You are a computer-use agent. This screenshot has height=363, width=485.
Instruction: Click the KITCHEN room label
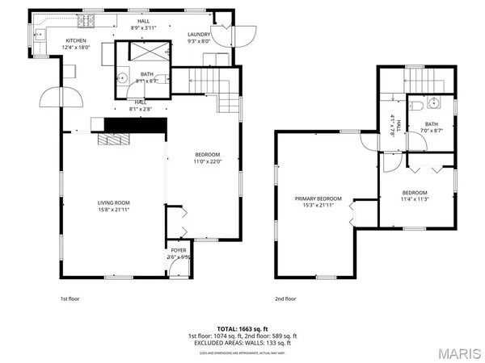[76, 40]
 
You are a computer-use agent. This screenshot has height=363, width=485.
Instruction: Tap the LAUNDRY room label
[199, 34]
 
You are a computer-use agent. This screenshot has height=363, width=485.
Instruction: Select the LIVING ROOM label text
[115, 202]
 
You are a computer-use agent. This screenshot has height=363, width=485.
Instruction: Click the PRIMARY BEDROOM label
[318, 198]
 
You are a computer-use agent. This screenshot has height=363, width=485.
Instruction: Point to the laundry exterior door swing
[242, 35]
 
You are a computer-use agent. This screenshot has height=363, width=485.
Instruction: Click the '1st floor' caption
[70, 298]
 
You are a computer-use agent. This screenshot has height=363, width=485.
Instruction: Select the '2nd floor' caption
[285, 298]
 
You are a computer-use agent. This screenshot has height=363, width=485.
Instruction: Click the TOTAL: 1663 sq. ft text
[242, 328]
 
